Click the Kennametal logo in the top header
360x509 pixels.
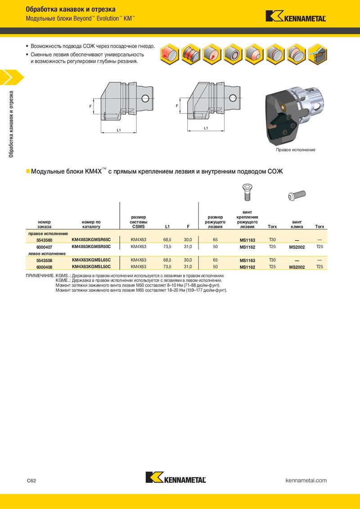[296, 17]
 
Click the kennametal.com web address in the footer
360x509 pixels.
[306, 480]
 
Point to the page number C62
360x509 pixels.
[31, 480]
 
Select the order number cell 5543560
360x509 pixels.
[44, 240]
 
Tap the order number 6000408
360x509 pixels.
[44, 267]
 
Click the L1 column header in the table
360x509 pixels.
[167, 227]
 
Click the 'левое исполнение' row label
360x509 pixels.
[47, 254]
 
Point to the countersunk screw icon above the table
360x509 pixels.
[247, 192]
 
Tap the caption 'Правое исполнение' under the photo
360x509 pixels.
[296, 150]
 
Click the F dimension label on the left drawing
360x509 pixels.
[91, 106]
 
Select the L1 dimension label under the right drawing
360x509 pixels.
[206, 128]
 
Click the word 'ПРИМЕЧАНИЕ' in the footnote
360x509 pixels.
[40, 275]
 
